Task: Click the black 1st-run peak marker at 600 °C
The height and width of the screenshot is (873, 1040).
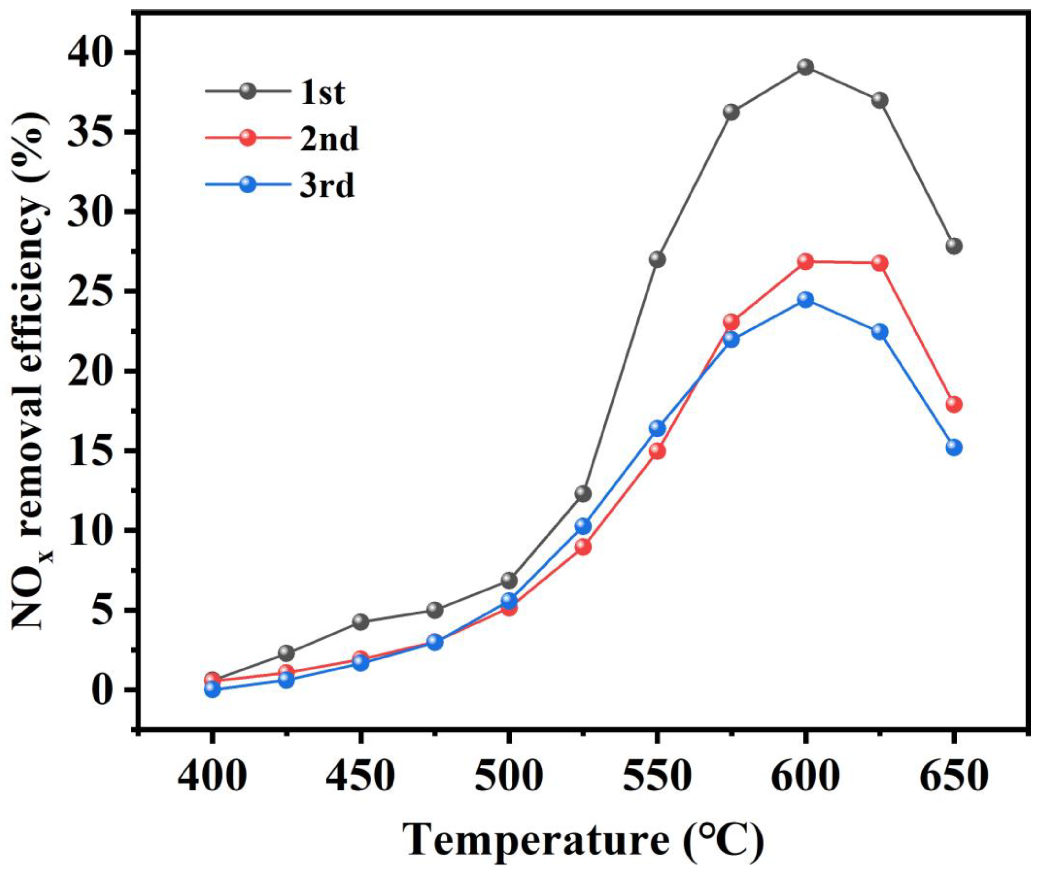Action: (x=806, y=67)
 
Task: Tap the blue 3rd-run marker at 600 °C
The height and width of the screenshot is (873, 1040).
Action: (x=806, y=300)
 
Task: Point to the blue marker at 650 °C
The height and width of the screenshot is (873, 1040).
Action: (x=954, y=447)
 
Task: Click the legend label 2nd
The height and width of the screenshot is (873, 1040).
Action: (x=329, y=140)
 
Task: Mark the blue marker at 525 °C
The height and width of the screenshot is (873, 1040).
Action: (x=583, y=526)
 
